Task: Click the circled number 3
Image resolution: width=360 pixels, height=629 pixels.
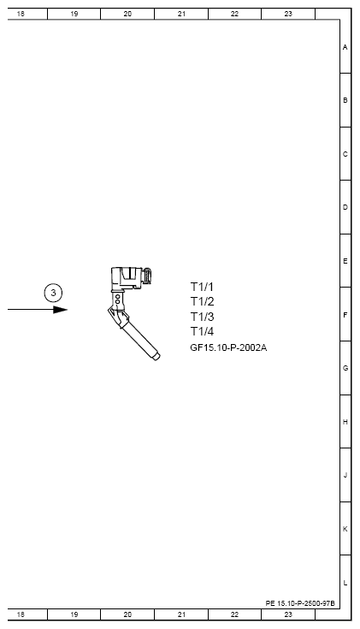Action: (54, 293)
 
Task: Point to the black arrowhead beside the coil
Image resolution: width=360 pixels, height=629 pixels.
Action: (60, 309)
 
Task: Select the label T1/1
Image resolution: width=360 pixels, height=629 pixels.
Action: (202, 287)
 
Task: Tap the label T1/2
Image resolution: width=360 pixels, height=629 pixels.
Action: (202, 301)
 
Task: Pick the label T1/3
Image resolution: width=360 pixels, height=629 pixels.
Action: (202, 317)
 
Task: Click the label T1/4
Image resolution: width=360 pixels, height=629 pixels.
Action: (202, 331)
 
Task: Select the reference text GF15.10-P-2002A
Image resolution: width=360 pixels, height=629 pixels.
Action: (228, 347)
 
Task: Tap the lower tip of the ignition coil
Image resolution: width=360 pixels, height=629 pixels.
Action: (156, 357)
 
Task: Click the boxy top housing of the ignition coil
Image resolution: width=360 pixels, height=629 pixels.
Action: (128, 276)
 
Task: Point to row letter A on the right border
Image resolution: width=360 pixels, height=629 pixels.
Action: (345, 47)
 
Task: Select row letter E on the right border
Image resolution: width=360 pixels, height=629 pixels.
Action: (345, 260)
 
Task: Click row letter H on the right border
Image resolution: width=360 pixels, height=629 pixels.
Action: (345, 422)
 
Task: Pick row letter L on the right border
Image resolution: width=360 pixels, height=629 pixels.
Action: (345, 583)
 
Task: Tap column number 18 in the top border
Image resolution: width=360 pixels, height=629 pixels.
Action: (21, 14)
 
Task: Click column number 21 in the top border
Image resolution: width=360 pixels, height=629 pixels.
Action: (181, 14)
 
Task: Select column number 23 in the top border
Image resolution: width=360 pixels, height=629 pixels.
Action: (288, 14)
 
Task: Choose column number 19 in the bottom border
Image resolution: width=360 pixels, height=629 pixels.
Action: (74, 614)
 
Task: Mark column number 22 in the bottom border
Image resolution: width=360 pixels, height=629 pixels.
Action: (234, 614)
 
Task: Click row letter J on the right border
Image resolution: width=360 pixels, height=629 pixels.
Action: (345, 475)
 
